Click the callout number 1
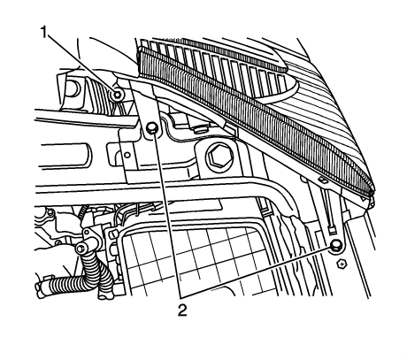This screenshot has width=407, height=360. [44, 32]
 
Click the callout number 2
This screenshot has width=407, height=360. [182, 310]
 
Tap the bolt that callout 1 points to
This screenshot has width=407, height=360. [118, 95]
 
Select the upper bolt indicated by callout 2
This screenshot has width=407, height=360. [152, 127]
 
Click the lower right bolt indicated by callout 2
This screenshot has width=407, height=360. [335, 245]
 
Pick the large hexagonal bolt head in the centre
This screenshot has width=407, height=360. [216, 155]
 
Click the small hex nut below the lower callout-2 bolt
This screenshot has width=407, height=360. [342, 263]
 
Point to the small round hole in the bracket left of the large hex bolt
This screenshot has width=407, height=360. [127, 155]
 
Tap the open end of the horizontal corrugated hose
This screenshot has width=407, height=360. [38, 286]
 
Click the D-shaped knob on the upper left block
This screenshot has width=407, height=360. [73, 88]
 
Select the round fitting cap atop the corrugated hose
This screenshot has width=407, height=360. [80, 249]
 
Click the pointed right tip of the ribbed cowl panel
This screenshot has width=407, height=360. [373, 195]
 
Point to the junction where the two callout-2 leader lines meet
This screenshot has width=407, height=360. [180, 295]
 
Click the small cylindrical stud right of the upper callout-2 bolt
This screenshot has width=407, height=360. [202, 129]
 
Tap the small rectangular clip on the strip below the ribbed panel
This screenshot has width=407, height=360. [322, 179]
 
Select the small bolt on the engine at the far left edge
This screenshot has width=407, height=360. [51, 211]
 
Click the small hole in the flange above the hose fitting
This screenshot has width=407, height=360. [112, 234]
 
